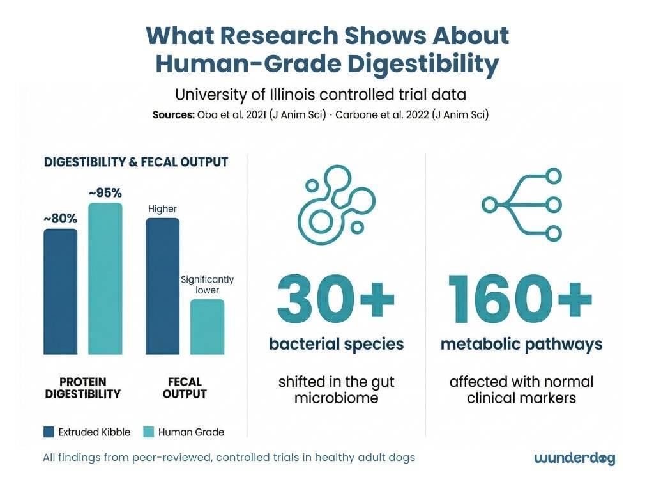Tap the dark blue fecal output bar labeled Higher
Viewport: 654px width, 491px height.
[x=162, y=286]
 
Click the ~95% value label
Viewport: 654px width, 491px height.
[x=105, y=192]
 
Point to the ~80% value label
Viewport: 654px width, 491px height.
[x=60, y=219]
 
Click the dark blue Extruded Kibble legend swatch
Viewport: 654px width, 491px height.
[x=49, y=432]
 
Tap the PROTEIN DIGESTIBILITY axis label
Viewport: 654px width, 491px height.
[x=82, y=387]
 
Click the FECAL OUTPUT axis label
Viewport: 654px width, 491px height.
[x=185, y=387]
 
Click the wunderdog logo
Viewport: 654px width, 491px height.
[x=574, y=458]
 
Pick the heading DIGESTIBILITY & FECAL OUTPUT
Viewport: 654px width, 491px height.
[x=136, y=162]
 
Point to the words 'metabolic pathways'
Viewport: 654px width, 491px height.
[x=521, y=345]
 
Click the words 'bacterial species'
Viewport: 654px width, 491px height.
[x=336, y=345]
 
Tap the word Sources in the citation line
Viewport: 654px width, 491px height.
[x=171, y=116]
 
